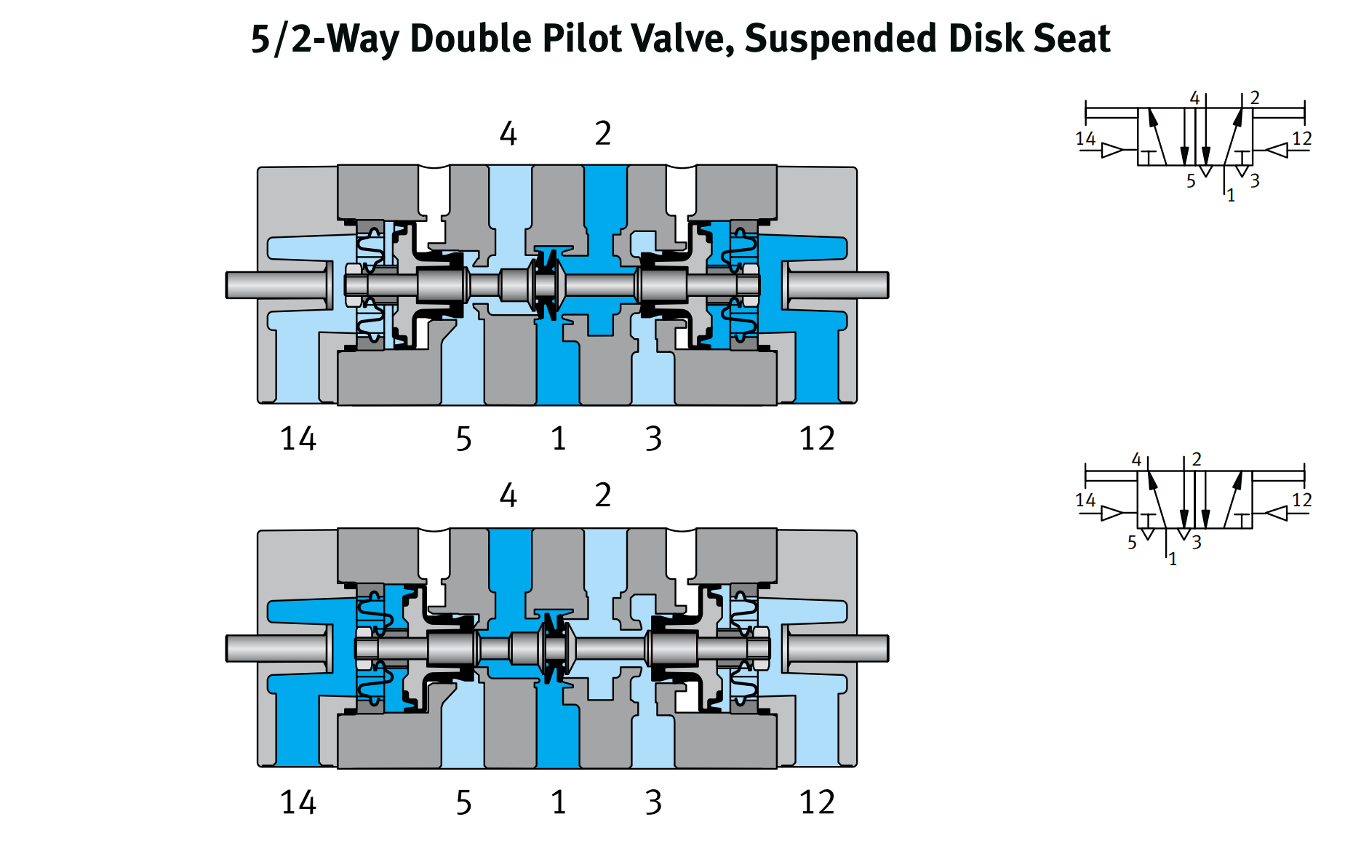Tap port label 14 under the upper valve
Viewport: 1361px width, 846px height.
tap(298, 439)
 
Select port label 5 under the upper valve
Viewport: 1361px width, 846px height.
tap(464, 439)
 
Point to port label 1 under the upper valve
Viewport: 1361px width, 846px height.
tap(559, 439)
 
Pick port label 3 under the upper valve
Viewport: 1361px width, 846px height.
tap(653, 439)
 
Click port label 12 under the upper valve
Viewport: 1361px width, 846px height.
tap(817, 439)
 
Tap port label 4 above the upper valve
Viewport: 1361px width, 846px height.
tap(508, 134)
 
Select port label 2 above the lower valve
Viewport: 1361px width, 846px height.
tap(603, 495)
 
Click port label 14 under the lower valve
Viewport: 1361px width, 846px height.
tap(298, 802)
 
